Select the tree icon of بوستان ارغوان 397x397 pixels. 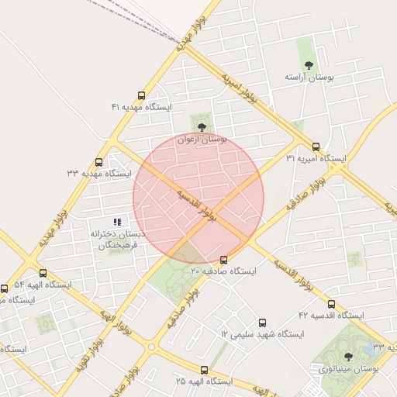[202, 126]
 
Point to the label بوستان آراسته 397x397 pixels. [309, 78]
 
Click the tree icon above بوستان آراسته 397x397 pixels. [309, 65]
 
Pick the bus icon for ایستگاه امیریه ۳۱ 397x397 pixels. [316, 146]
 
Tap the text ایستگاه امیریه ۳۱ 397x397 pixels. [316, 158]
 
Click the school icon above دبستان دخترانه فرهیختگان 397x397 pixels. [117, 222]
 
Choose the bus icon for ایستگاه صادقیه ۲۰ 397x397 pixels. [224, 260]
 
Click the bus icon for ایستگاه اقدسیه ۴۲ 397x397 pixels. [332, 304]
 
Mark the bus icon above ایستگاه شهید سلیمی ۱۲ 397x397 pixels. [262, 322]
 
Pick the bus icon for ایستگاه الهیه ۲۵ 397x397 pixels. [204, 370]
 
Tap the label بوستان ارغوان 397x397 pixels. [202, 140]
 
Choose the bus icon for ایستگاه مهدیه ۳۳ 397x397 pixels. [98, 162]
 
